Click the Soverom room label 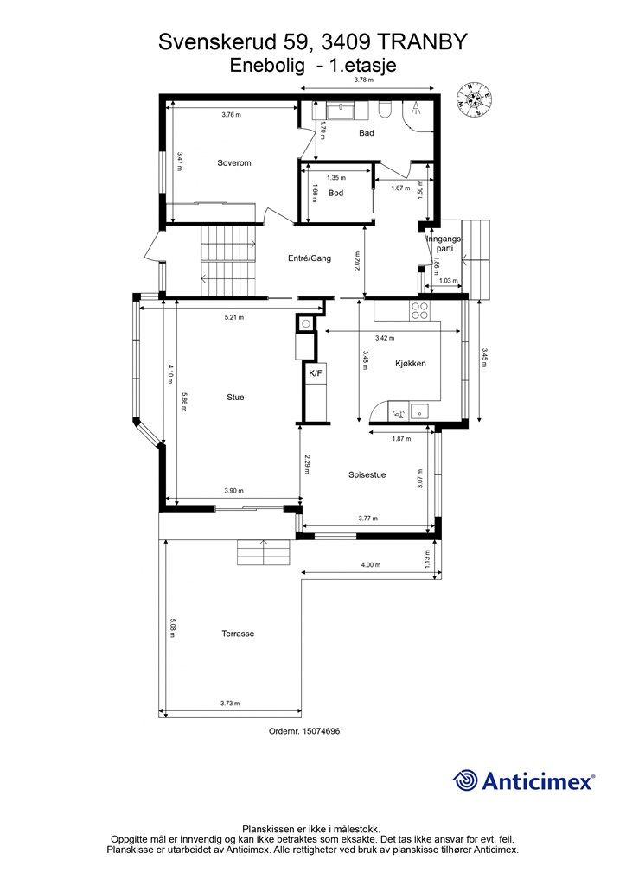[234, 163]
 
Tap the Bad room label [367, 133]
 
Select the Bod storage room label [335, 193]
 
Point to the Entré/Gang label [310, 258]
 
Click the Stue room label [235, 398]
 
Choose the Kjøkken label [411, 364]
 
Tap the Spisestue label [367, 474]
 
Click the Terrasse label [238, 634]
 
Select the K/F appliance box [315, 373]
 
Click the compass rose [474, 100]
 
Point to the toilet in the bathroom [386, 109]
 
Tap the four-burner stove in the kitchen [420, 311]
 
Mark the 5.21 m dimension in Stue [234, 317]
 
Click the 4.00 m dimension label [371, 565]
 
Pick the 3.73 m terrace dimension [230, 704]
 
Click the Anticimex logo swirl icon [465, 780]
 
